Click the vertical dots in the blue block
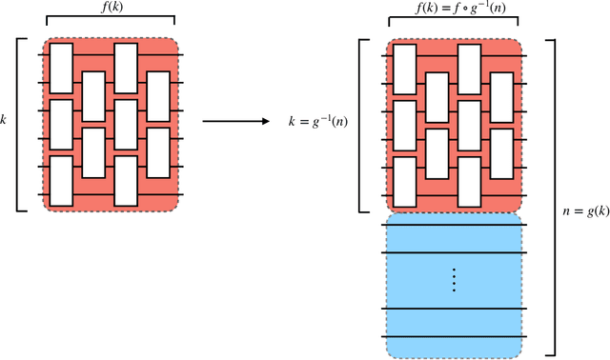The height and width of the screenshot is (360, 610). click(x=455, y=280)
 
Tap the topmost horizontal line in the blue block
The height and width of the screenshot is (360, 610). click(x=455, y=252)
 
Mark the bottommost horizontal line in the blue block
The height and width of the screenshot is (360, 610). click(x=455, y=336)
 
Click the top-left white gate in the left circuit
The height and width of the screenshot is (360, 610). click(x=62, y=68)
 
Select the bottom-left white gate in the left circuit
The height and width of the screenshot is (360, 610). click(x=62, y=181)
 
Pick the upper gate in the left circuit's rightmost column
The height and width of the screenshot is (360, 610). click(x=158, y=96)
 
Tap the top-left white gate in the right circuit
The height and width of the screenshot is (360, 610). click(x=405, y=68)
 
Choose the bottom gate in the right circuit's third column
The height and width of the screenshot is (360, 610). click(x=470, y=181)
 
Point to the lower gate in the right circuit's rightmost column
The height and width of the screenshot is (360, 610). click(x=502, y=153)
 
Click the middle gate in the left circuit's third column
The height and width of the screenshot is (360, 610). click(x=126, y=125)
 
